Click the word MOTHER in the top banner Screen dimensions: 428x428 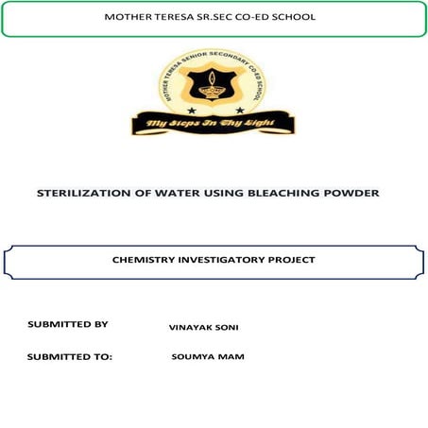tap(127, 17)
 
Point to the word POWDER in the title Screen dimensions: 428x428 tap(351, 193)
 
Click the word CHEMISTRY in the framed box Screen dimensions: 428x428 tap(146, 260)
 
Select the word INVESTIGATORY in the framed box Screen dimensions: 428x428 tap(228, 260)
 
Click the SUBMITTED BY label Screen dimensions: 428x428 tap(67, 324)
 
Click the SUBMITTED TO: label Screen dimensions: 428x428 tap(70, 357)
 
